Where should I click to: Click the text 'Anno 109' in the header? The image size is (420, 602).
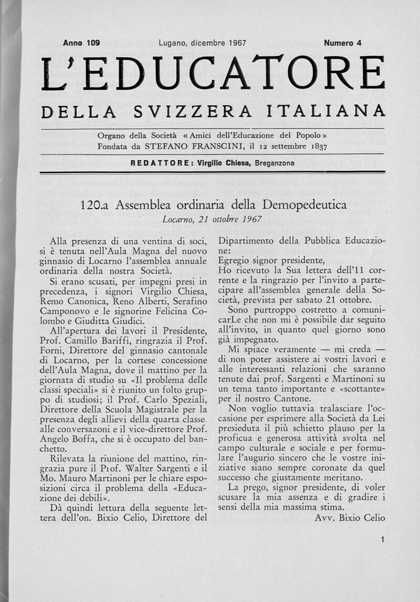(x=81, y=43)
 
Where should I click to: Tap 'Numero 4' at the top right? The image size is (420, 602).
(x=343, y=43)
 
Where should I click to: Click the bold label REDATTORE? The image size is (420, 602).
(x=162, y=163)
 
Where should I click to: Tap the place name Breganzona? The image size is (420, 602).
(x=275, y=163)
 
